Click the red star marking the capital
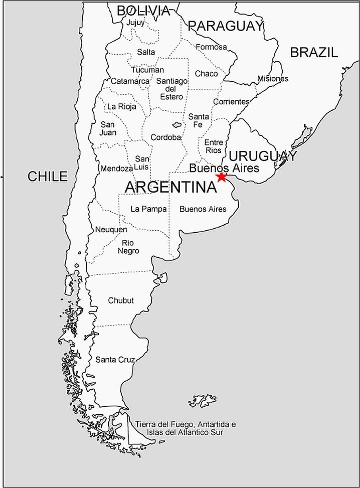pos(221,177)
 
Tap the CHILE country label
pos(47,176)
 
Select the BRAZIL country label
pos(314,52)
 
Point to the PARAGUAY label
pos(226,26)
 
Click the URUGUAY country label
pos(263,156)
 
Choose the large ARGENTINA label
pos(170,187)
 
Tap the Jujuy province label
pos(135,23)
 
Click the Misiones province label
pos(273,79)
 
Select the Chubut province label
pos(121,300)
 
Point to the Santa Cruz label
pos(115,360)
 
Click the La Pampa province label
pos(148,209)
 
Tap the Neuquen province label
pos(111,230)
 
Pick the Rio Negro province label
pos(128,247)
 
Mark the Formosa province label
pos(211,47)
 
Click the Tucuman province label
pos(147,70)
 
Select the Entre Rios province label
pos(213,146)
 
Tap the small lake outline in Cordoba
pos(176,124)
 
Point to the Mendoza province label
pos(116,169)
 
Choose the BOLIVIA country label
pos(143,11)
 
